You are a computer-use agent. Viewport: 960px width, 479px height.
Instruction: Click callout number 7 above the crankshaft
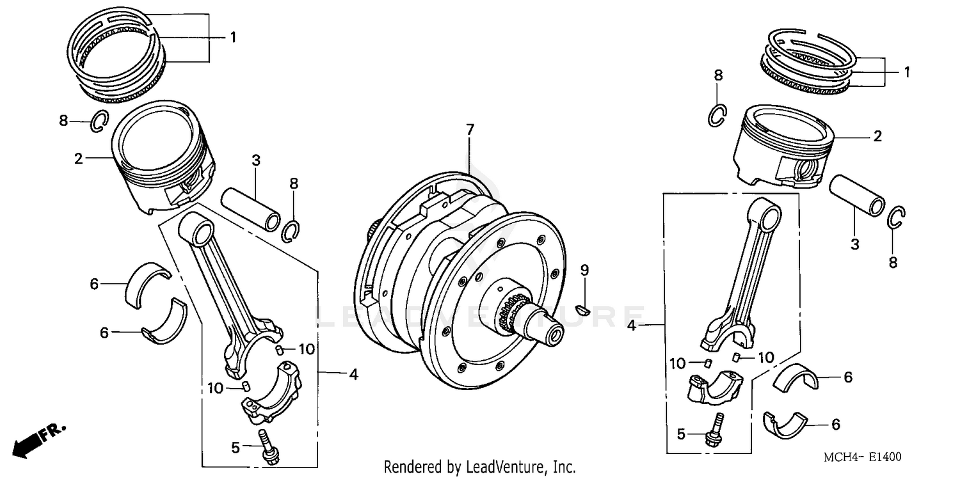point(470,130)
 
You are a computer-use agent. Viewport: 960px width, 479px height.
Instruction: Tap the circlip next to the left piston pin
point(292,230)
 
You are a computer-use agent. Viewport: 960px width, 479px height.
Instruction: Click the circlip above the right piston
point(717,114)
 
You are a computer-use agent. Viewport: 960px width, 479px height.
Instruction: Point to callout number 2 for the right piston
point(877,136)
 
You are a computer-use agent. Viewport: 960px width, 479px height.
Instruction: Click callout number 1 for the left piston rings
point(233,38)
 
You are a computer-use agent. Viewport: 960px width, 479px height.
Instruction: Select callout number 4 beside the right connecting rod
point(632,326)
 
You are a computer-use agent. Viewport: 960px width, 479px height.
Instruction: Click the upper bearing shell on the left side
point(148,281)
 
